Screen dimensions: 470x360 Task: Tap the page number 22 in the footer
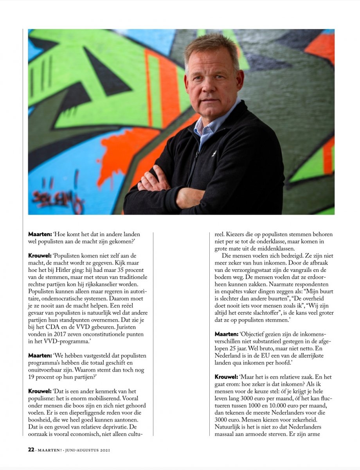point(31,450)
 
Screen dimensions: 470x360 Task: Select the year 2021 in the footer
point(104,450)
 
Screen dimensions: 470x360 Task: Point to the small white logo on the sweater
point(214,154)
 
